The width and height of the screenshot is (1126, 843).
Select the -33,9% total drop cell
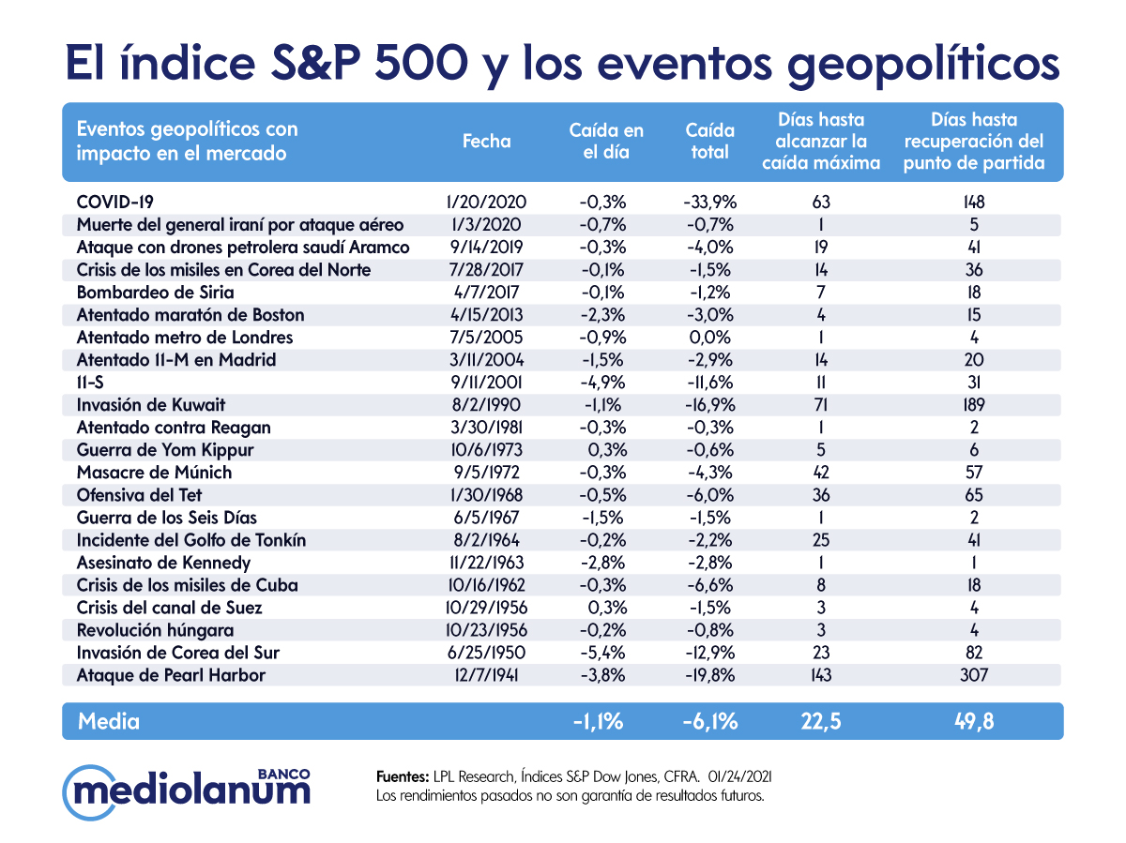(x=710, y=202)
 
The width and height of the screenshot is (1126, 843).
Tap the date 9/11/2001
(x=487, y=383)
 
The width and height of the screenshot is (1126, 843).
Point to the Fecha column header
(x=487, y=142)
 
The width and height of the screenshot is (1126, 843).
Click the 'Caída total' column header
(x=710, y=142)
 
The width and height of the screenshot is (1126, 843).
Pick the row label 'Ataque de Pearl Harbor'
(x=171, y=675)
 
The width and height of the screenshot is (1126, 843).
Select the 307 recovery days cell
(x=974, y=675)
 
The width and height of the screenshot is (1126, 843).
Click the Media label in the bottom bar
(x=109, y=721)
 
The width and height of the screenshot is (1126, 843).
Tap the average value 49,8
(x=973, y=721)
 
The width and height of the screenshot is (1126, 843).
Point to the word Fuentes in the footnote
(x=402, y=777)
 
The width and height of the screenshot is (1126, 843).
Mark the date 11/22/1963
(x=487, y=563)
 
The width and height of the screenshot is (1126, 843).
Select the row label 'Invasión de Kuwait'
(x=151, y=405)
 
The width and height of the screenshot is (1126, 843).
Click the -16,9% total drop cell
(x=710, y=405)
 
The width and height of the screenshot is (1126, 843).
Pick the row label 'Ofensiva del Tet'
(x=139, y=495)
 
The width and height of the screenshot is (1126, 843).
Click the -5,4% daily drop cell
(x=601, y=653)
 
